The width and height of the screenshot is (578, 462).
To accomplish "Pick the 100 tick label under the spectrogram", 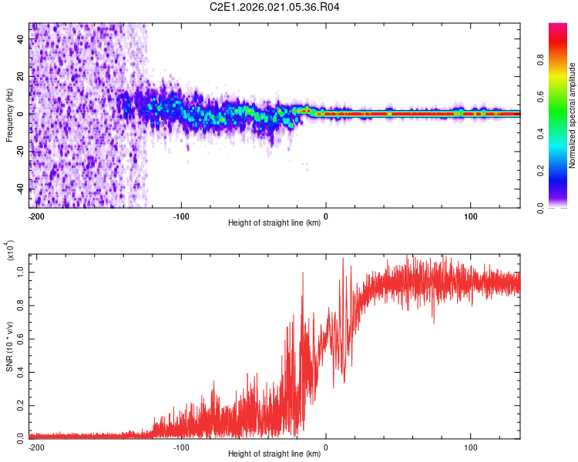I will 470,216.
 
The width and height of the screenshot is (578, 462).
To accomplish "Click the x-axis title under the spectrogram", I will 274,223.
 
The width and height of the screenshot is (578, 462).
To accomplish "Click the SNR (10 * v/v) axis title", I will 9,346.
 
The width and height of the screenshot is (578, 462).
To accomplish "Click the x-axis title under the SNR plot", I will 274,454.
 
